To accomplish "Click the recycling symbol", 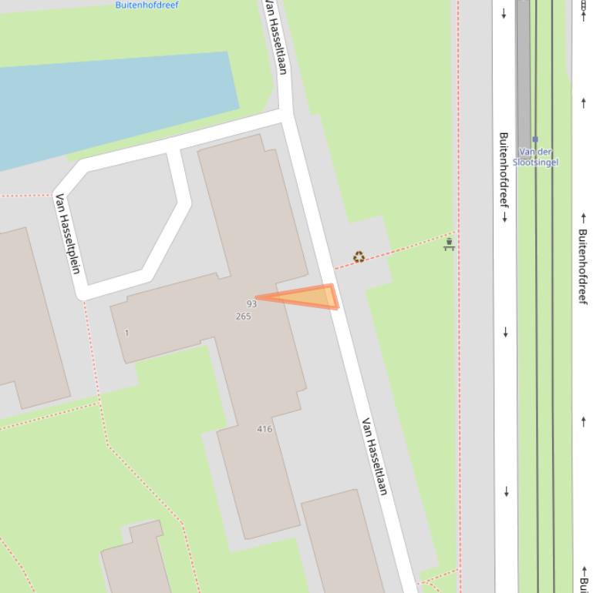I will [x=359, y=257].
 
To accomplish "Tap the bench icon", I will [x=449, y=245].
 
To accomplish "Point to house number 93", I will [x=251, y=304].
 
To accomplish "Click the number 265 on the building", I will [x=243, y=317].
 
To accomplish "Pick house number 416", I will [x=264, y=429].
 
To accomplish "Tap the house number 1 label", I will [x=126, y=333].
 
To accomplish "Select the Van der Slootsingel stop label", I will [x=535, y=157].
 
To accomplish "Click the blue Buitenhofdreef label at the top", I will [x=147, y=5].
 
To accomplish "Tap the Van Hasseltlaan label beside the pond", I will [x=275, y=37].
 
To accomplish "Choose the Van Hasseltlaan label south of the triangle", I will [x=374, y=456].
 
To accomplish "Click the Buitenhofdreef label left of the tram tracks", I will [x=504, y=176].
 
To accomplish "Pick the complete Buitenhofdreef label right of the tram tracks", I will [x=583, y=266].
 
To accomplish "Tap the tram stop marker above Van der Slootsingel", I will [x=535, y=140].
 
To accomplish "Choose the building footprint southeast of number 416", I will [x=343, y=543].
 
